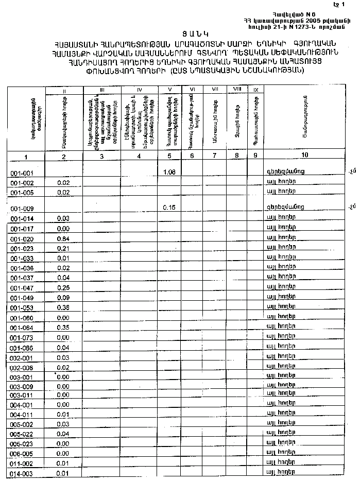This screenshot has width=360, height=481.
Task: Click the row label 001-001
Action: pos(22,174)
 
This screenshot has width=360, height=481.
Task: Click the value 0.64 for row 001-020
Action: pos(63,238)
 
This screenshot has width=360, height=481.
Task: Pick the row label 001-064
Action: pos(22,328)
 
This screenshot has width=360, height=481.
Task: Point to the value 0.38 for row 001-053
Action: pos(63,307)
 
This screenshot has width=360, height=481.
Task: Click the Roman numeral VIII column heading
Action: pos(237,90)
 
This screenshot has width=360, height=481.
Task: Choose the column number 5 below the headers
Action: pos(170,156)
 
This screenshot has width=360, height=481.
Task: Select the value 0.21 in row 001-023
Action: pos(63,248)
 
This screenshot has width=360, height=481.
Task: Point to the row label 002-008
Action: pos(22,368)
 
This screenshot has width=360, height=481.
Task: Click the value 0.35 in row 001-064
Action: pos(63,327)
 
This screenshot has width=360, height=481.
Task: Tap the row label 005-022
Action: pos(22,434)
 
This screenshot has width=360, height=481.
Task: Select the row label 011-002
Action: pos(22,464)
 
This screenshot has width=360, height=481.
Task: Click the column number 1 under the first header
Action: pos(27,157)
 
